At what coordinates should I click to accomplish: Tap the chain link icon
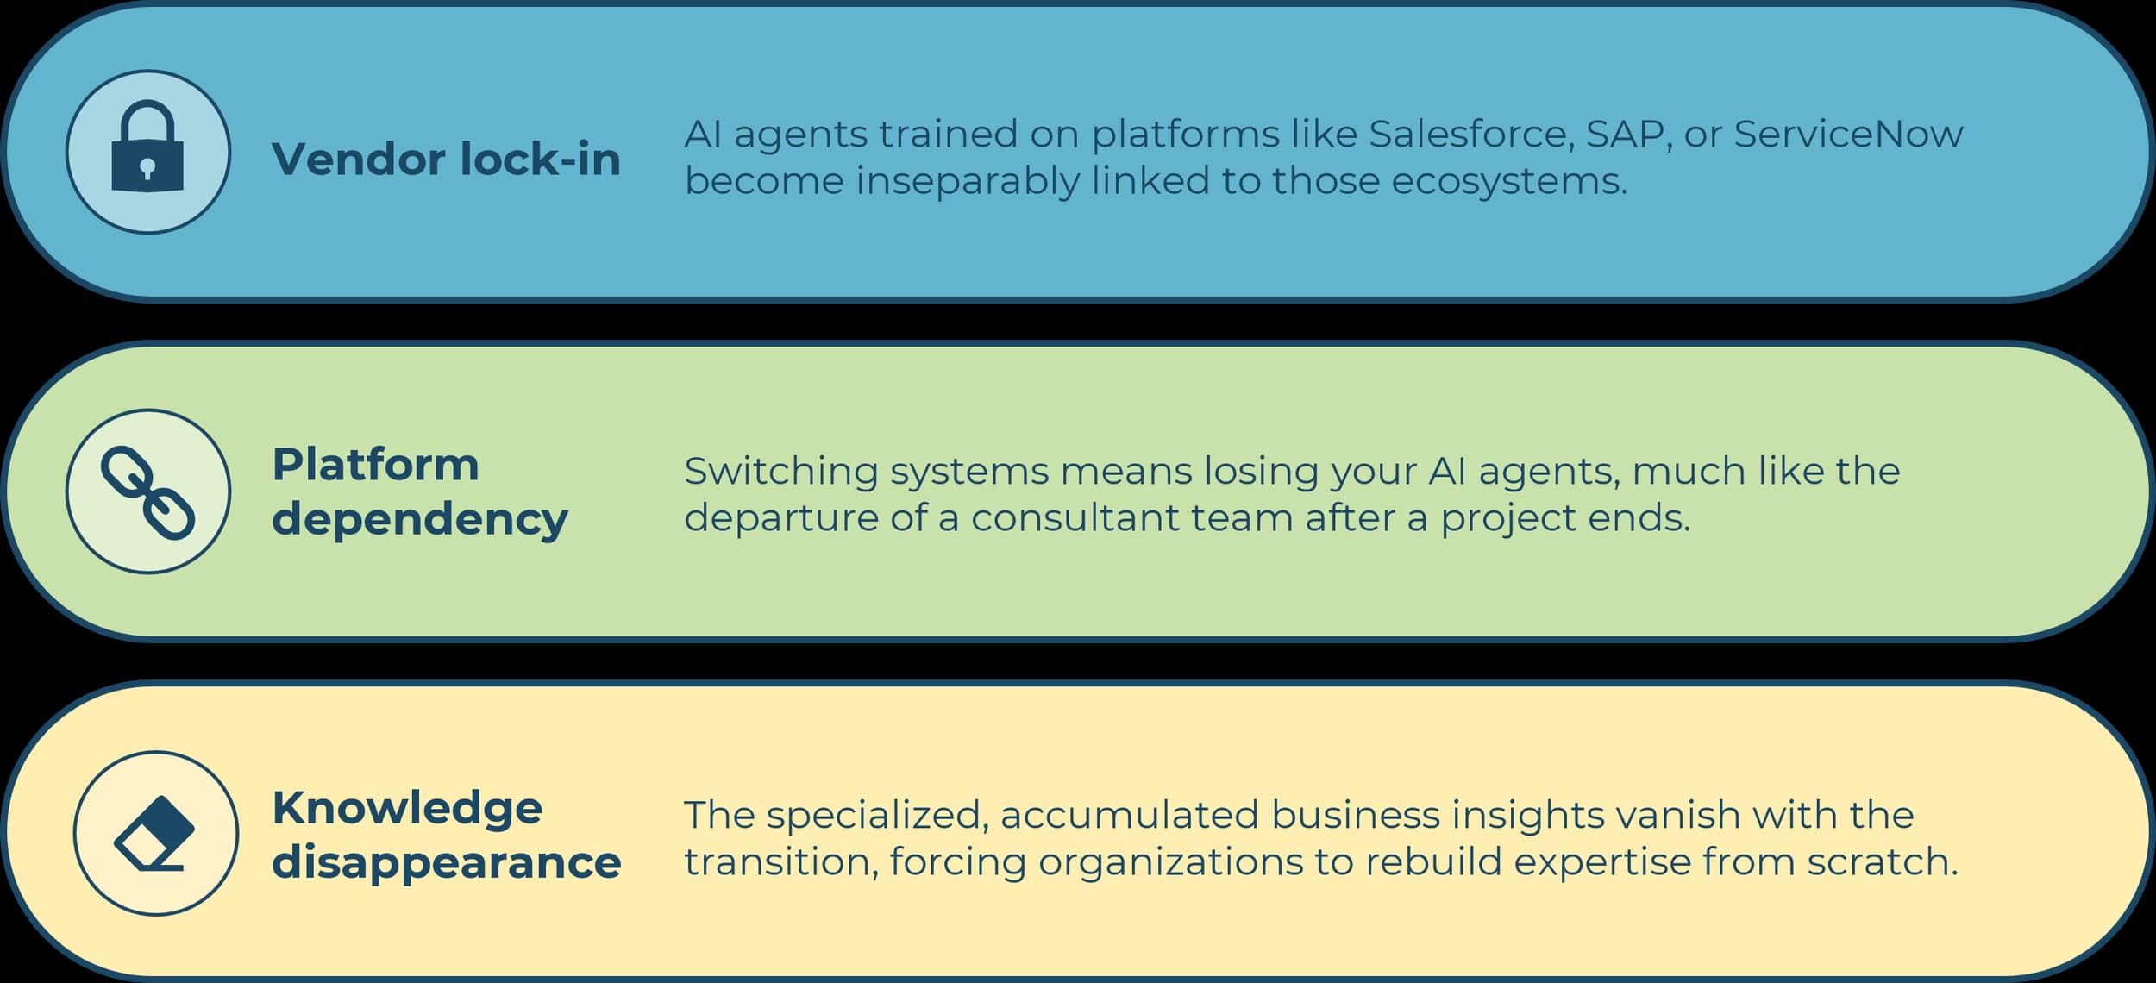pyautogui.click(x=147, y=492)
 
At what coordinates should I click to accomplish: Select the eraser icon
pyautogui.click(x=154, y=833)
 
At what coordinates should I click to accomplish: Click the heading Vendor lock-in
pyautogui.click(x=446, y=160)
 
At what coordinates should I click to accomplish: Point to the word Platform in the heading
pyautogui.click(x=375, y=465)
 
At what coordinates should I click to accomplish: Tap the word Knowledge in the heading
pyautogui.click(x=407, y=810)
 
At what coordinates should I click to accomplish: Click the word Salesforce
pyautogui.click(x=1472, y=135)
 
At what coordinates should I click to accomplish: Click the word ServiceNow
pyautogui.click(x=1848, y=135)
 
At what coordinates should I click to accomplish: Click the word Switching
pyautogui.click(x=781, y=473)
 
